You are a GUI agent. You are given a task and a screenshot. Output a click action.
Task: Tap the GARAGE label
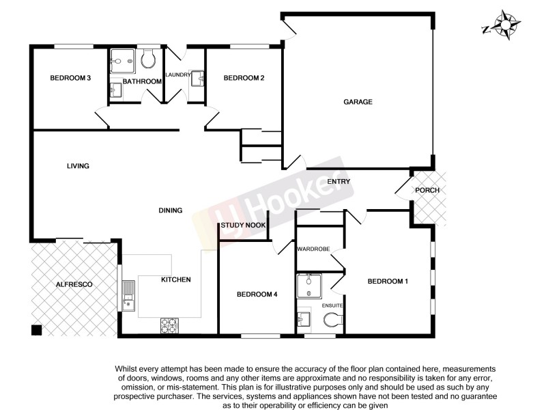point(358,102)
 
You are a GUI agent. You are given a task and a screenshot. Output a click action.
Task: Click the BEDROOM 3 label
point(70,78)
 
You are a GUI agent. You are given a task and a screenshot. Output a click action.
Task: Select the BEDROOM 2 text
point(244,78)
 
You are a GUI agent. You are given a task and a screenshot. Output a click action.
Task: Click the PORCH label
point(427,190)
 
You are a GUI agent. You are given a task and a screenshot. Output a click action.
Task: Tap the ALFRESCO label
point(74,283)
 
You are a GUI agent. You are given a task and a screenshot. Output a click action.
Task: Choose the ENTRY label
point(339,182)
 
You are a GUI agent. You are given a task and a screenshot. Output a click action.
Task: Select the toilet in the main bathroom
point(149,61)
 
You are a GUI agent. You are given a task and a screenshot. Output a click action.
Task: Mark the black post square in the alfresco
point(36,330)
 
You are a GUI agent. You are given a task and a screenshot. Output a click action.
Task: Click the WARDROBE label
point(314,249)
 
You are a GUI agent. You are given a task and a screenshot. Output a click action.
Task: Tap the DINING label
point(171,210)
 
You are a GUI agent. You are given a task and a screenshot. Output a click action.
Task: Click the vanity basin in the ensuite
point(304,318)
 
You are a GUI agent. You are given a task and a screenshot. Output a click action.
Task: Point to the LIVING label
point(78,166)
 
